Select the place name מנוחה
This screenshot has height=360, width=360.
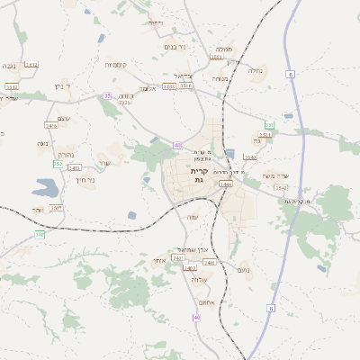click(220, 78)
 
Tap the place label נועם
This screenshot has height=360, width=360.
click(243, 270)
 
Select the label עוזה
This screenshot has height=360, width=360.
click(192, 218)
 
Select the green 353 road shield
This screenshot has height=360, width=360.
click(269, 124)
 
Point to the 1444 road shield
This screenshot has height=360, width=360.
click(226, 184)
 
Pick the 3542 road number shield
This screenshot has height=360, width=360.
click(281, 187)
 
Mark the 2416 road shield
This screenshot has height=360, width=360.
click(51, 126)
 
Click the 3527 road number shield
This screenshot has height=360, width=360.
click(56, 208)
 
